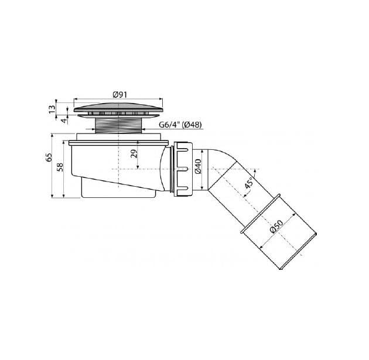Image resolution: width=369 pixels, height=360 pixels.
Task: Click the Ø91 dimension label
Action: (120, 94)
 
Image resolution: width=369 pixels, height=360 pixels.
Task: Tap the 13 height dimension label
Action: (52, 109)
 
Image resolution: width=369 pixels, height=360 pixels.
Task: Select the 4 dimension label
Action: (64, 121)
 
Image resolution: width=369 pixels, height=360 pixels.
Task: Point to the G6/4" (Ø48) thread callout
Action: (180, 125)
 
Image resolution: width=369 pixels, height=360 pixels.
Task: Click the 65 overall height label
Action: (49, 157)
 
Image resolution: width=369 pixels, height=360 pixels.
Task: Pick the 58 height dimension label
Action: (60, 167)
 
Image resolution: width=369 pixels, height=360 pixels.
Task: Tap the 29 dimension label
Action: (134, 153)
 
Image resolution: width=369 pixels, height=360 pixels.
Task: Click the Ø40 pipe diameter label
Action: (198, 166)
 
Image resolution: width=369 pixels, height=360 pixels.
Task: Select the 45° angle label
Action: (248, 183)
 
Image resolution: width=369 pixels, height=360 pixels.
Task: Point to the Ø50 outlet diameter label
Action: (276, 226)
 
